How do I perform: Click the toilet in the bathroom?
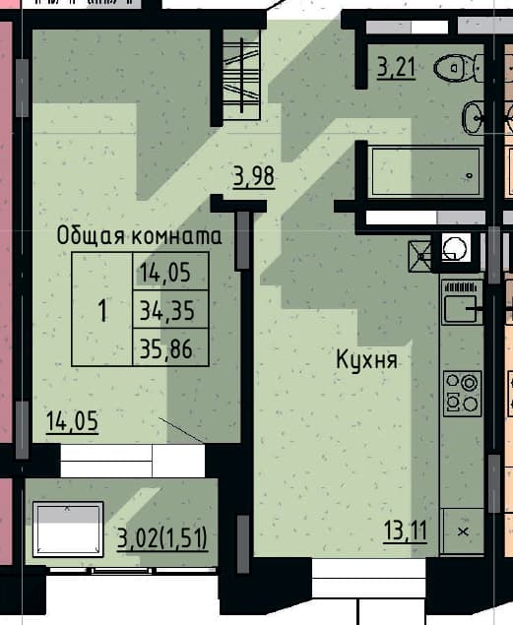[x=458, y=68]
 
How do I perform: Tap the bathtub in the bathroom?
[x=425, y=172]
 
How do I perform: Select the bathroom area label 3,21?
[x=396, y=67]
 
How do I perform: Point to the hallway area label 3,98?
[x=254, y=176]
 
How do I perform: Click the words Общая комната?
[x=139, y=236]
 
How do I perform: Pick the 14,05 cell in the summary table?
[x=170, y=272]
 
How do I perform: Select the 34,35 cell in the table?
[x=170, y=310]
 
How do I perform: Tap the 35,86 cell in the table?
[x=170, y=347]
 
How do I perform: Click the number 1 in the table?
[x=102, y=310]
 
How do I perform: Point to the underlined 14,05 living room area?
[x=72, y=421]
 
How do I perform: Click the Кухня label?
[x=366, y=359]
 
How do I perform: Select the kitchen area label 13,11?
[x=406, y=531]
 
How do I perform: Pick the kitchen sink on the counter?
[x=462, y=302]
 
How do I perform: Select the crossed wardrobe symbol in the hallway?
[x=241, y=75]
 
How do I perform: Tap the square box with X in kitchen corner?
[x=463, y=531]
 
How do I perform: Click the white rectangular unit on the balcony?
[x=68, y=529]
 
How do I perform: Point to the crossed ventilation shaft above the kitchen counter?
[x=420, y=256]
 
